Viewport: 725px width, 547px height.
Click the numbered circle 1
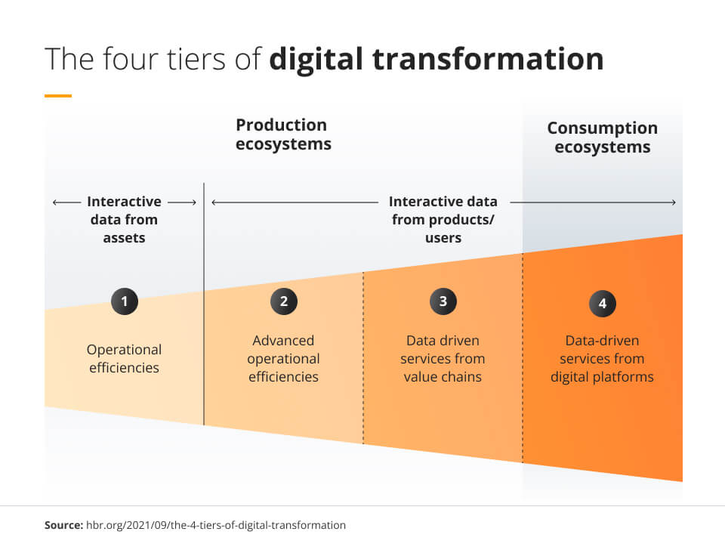(x=125, y=301)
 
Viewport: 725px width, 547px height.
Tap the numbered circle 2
(x=284, y=301)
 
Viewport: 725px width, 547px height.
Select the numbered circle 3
(x=443, y=301)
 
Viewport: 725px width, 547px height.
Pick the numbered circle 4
(x=603, y=303)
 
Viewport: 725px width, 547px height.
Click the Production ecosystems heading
(x=283, y=134)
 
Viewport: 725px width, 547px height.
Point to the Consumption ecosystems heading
(x=603, y=138)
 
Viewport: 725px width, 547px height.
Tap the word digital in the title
(x=316, y=60)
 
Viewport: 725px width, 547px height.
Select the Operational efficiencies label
(x=124, y=358)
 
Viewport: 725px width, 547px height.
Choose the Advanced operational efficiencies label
(x=283, y=358)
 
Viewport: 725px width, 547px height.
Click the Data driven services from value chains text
(x=443, y=358)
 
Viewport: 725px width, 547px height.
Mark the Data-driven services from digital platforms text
(x=602, y=358)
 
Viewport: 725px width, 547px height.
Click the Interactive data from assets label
(x=124, y=219)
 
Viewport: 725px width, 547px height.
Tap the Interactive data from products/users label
(x=443, y=219)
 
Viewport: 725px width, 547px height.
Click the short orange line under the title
(x=58, y=96)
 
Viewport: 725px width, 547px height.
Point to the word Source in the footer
(x=63, y=525)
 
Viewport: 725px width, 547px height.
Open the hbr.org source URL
(x=216, y=525)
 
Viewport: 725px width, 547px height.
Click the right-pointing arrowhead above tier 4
(x=674, y=202)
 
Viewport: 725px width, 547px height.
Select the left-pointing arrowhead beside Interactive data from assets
(x=55, y=202)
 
